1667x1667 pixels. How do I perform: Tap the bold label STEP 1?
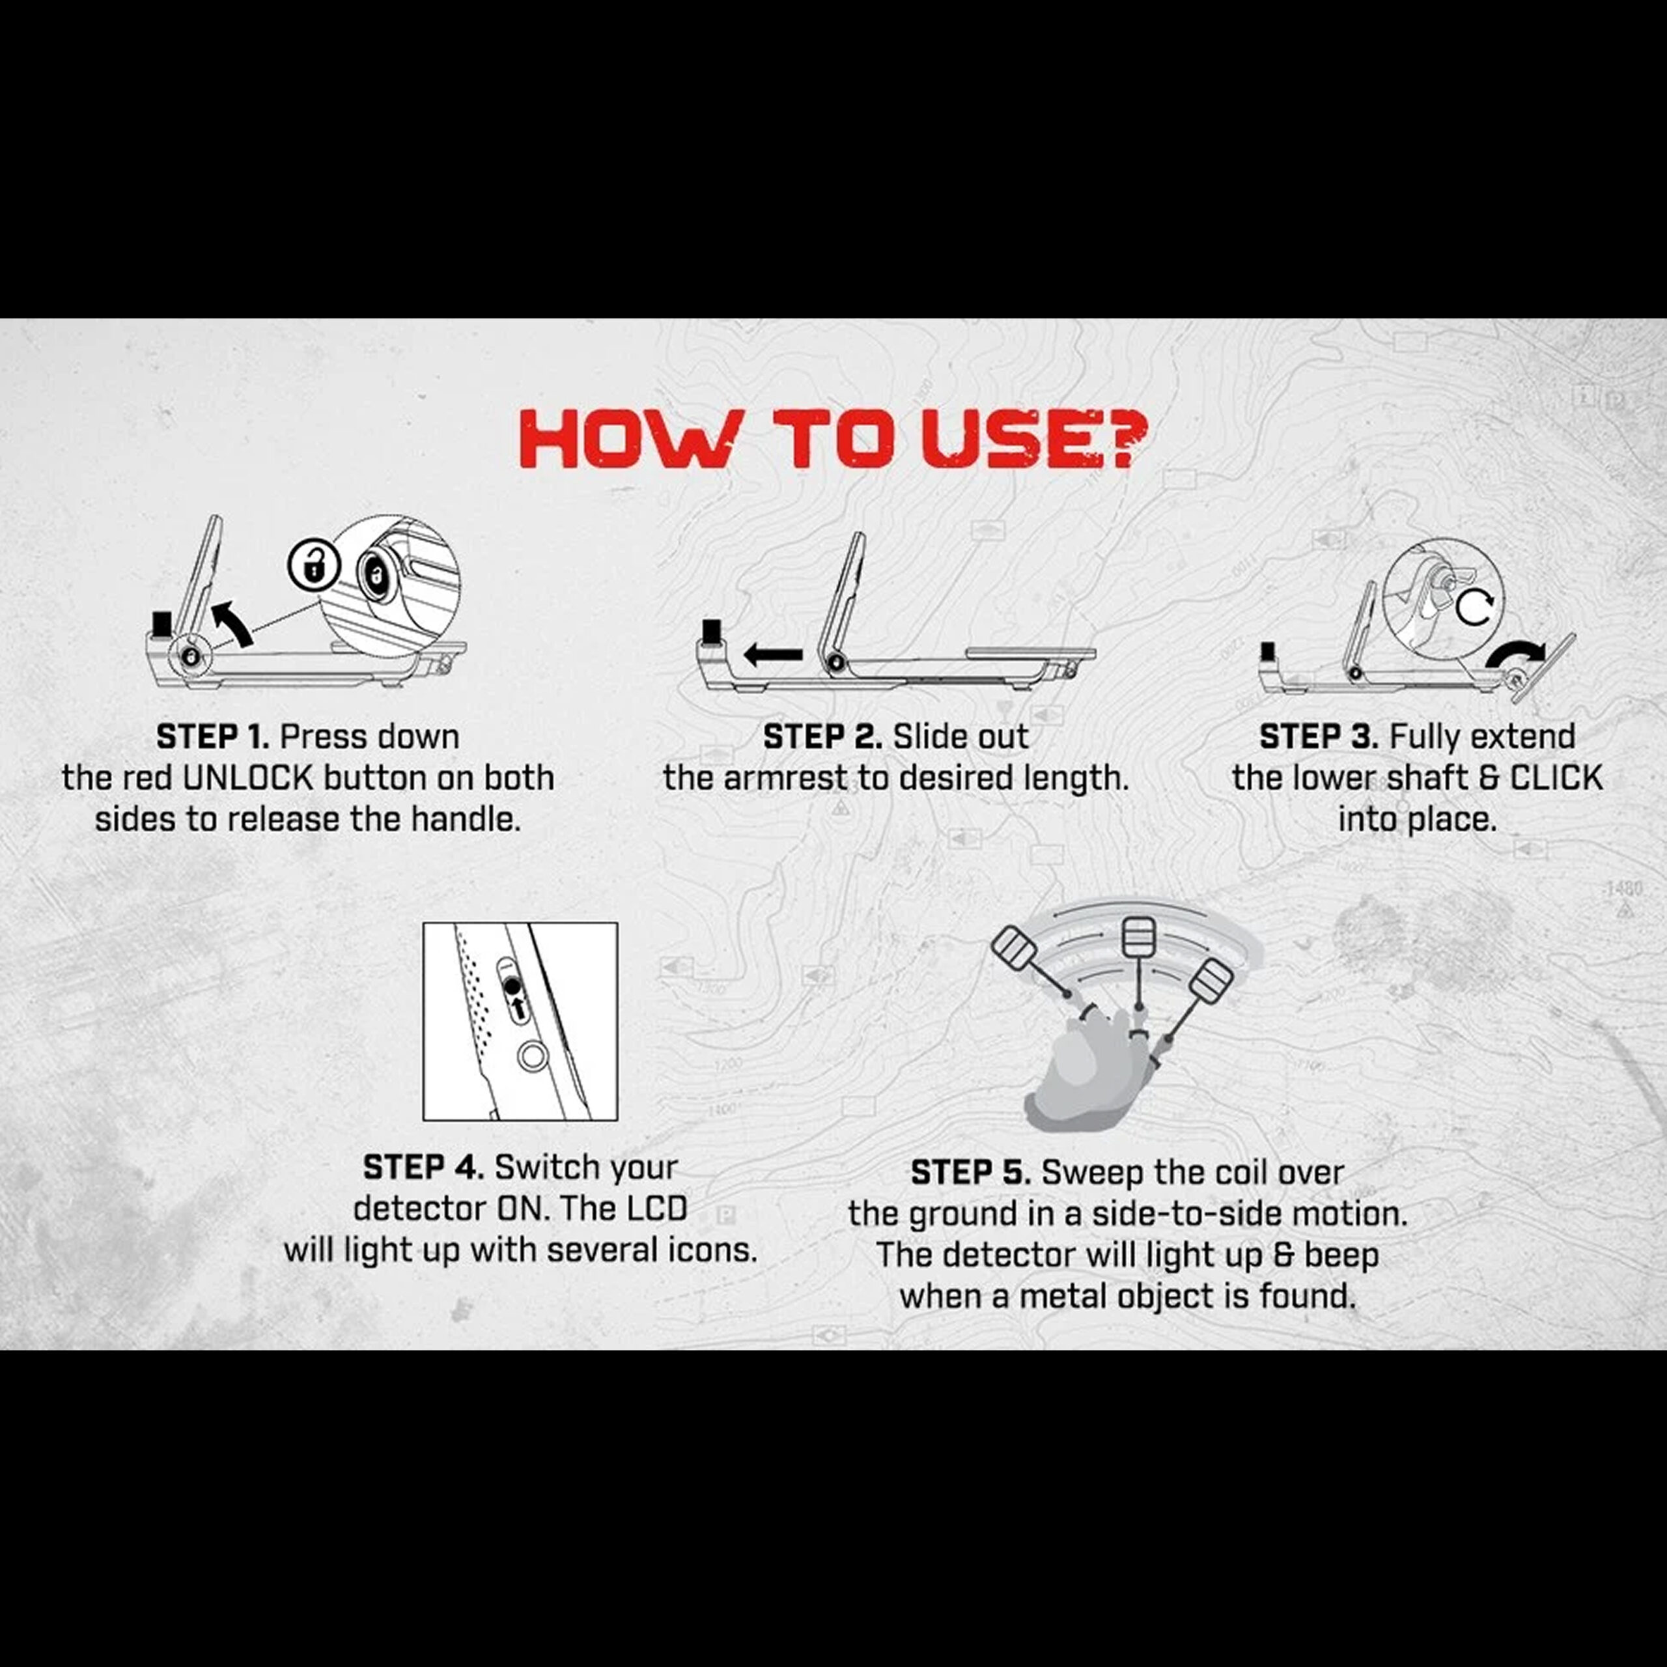(x=212, y=737)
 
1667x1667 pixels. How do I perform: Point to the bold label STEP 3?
(x=1319, y=737)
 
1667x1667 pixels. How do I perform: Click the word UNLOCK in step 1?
(x=247, y=778)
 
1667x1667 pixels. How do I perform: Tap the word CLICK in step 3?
(x=1556, y=778)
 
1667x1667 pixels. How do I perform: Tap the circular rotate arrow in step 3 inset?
(x=1474, y=608)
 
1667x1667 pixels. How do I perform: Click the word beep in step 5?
(x=1341, y=1255)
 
